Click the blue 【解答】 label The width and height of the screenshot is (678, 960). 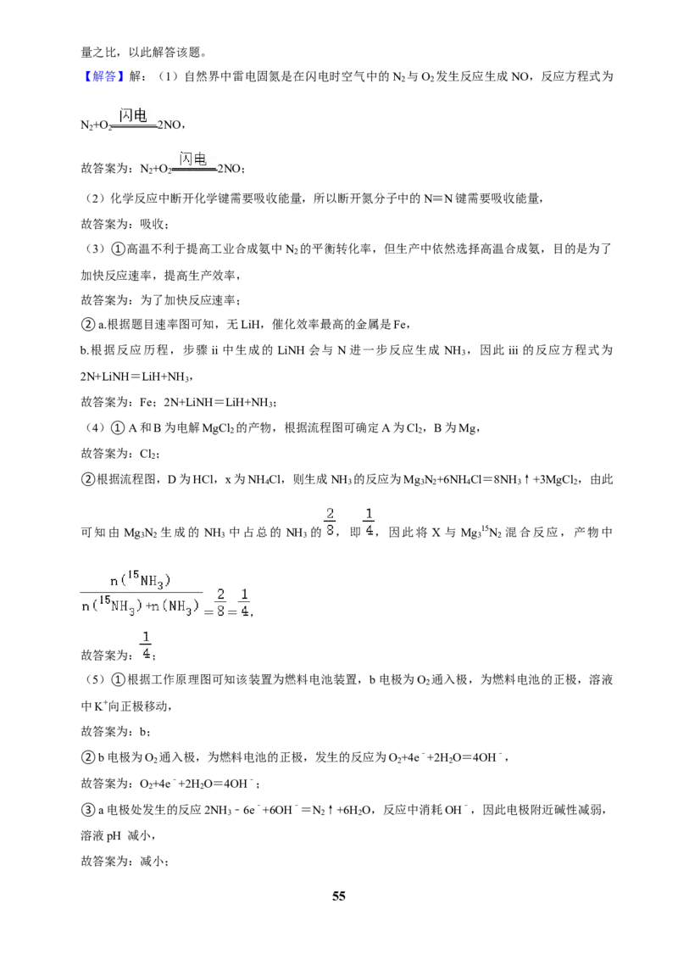103,76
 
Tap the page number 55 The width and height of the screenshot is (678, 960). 339,896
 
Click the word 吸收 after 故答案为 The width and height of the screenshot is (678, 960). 152,224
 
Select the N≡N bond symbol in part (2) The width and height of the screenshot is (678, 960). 438,198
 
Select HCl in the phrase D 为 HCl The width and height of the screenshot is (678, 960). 203,479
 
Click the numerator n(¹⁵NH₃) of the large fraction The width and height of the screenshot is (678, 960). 140,580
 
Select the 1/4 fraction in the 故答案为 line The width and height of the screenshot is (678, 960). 147,645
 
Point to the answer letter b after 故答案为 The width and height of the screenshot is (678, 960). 143,732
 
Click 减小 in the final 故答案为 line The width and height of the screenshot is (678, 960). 152,862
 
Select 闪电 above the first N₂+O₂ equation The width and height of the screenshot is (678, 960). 133,114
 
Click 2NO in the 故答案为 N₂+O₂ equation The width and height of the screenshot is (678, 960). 230,169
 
